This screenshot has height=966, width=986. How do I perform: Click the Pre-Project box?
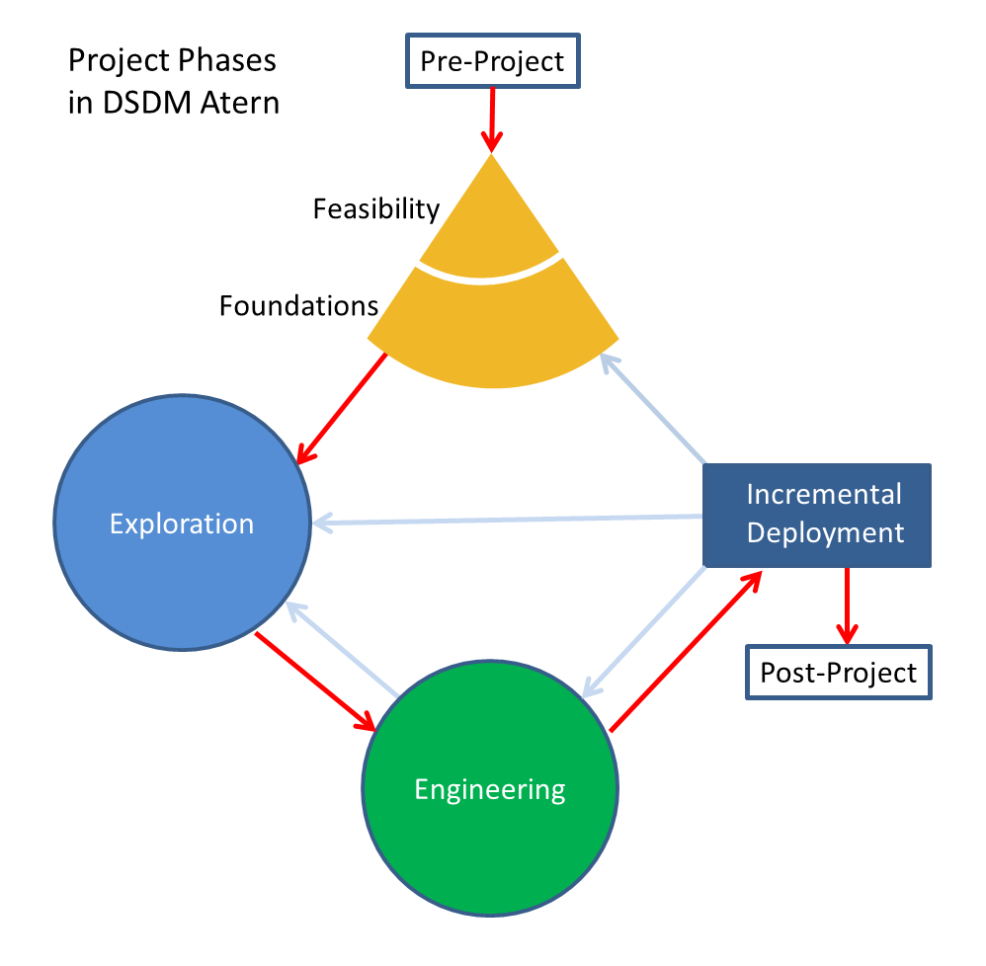click(492, 61)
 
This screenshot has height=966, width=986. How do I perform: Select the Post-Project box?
click(838, 673)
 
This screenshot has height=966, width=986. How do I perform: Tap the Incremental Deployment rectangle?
click(817, 515)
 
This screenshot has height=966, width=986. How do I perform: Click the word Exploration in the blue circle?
click(182, 523)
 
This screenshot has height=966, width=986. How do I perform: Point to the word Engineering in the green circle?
click(490, 790)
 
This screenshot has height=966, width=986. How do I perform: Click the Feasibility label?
click(375, 209)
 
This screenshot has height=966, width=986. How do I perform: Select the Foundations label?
click(298, 306)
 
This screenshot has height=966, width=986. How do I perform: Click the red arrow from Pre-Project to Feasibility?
click(491, 119)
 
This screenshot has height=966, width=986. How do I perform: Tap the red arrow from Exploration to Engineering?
click(316, 682)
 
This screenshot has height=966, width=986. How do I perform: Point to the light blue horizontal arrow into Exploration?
click(504, 519)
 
